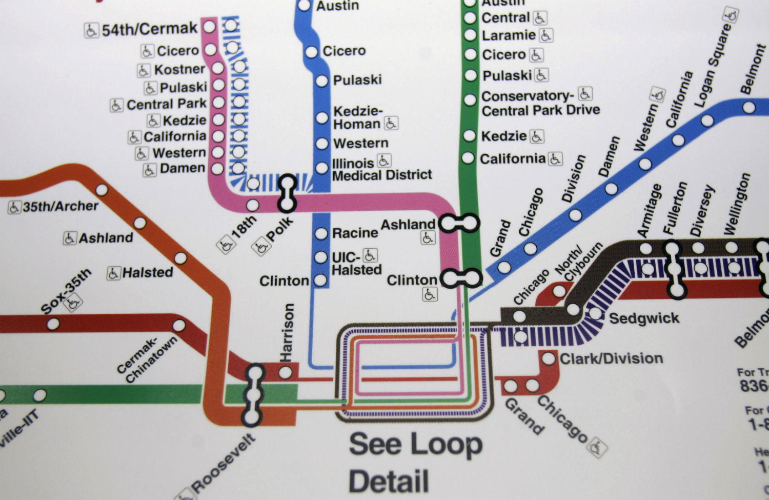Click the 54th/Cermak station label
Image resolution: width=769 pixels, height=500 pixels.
[149, 29]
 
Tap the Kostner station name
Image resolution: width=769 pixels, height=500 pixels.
[179, 69]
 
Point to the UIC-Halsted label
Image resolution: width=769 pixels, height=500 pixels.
[356, 263]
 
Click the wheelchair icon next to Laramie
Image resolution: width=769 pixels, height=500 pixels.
[546, 35]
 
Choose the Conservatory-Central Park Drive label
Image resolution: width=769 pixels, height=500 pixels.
[540, 104]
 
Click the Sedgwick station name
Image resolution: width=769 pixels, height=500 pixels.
[644, 318]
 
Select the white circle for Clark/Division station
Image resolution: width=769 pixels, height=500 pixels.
[549, 358]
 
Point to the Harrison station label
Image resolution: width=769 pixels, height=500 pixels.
[288, 332]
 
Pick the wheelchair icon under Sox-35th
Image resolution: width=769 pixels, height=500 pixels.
[73, 304]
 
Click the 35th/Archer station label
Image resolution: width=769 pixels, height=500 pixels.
[60, 206]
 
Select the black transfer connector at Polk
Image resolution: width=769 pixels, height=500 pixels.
[287, 193]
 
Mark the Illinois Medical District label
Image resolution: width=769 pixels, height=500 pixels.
[381, 169]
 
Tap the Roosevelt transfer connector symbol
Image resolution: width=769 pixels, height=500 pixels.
[254, 394]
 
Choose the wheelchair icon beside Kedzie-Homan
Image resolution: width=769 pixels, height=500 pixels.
[391, 123]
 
